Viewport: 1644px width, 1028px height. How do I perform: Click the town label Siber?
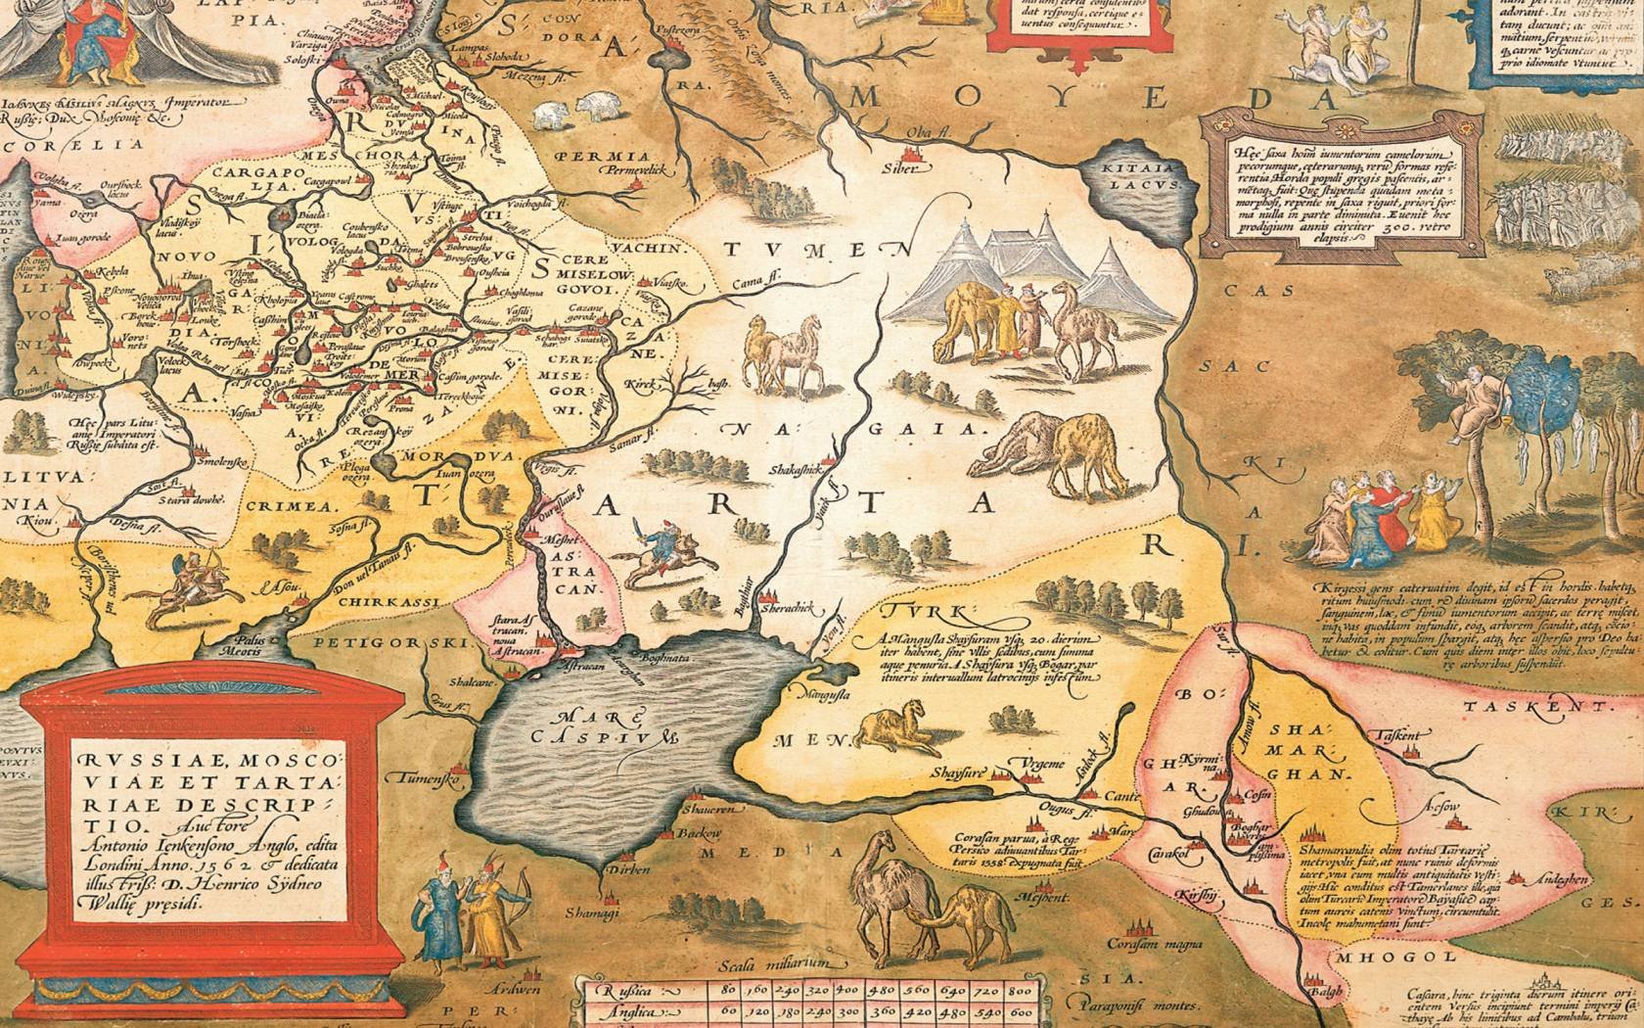(902, 168)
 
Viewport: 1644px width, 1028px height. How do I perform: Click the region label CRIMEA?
(297, 508)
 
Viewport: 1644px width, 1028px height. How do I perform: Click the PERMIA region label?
(613, 156)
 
